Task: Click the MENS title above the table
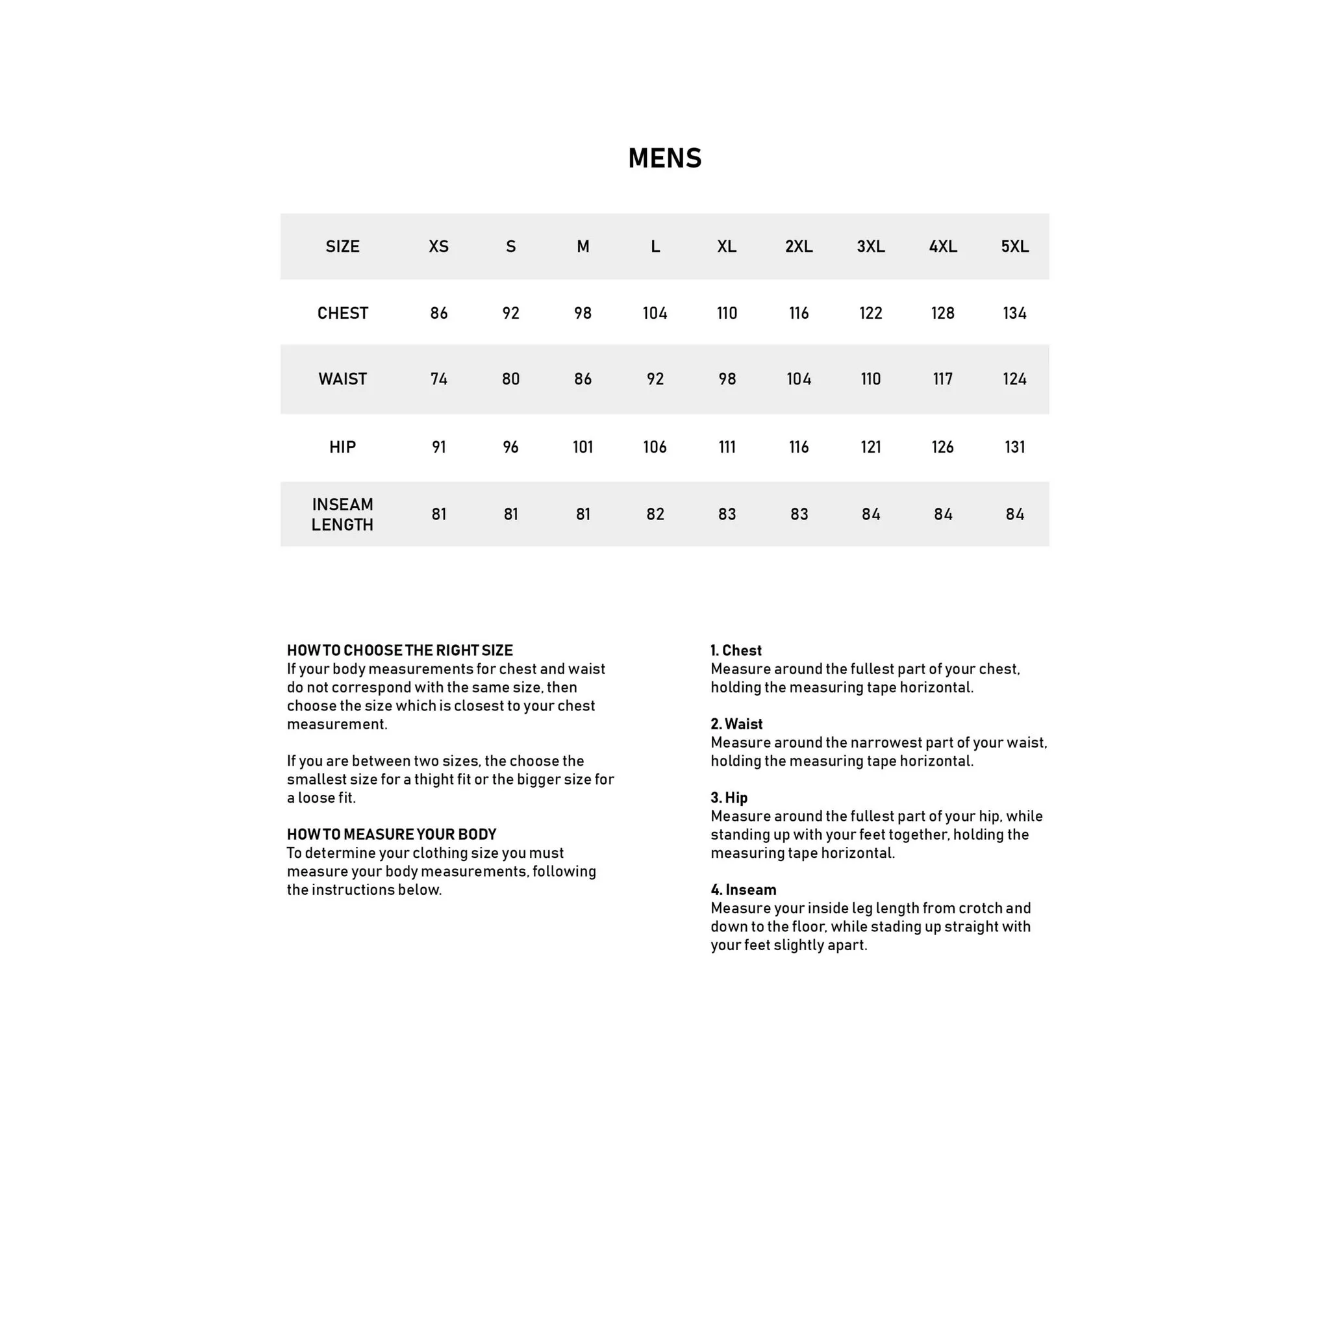point(664,158)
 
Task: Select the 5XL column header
point(1015,246)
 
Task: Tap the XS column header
point(438,246)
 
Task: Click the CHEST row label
point(343,313)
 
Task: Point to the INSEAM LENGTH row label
point(343,514)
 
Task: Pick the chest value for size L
point(655,313)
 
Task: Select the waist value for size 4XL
point(942,379)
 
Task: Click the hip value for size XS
point(438,447)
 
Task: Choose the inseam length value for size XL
point(727,514)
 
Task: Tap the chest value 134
point(1015,313)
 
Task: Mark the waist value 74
point(438,379)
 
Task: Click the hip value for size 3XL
point(871,447)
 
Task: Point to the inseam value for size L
point(655,514)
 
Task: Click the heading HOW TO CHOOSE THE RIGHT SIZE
point(400,651)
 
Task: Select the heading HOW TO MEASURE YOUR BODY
point(392,834)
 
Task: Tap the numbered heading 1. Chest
point(736,651)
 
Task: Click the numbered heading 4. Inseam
point(744,890)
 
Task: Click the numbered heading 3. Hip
point(729,797)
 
